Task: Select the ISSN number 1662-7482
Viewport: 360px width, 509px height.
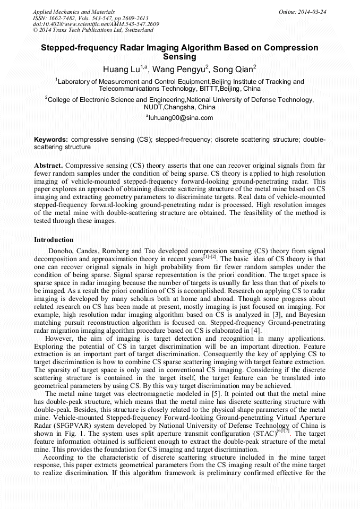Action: tap(63, 18)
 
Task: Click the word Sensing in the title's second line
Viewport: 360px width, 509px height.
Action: tap(179, 57)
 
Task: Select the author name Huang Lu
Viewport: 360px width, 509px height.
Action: tap(121, 69)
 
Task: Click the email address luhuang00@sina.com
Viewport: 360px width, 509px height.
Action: tap(181, 118)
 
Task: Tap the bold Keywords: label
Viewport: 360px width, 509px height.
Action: tap(51, 139)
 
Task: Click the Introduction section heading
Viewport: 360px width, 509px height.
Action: tap(54, 240)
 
